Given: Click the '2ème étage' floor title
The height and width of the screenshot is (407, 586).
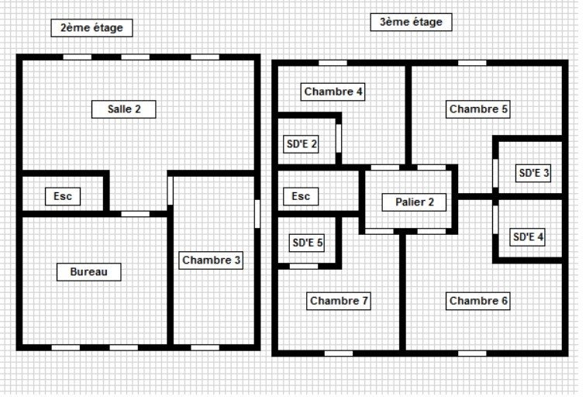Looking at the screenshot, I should (x=91, y=28).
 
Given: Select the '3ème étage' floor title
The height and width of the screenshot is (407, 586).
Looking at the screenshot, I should (x=411, y=22).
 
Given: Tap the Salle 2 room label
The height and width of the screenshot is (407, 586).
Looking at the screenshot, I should (x=124, y=109).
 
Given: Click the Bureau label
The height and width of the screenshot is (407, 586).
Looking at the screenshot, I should (x=89, y=271).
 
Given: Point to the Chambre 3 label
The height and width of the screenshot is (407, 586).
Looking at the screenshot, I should (x=212, y=260).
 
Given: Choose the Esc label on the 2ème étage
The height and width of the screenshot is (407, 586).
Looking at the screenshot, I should (x=63, y=197).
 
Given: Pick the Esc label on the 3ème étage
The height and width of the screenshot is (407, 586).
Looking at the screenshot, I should (x=300, y=197).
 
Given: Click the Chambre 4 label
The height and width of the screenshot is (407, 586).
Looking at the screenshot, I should (x=333, y=91).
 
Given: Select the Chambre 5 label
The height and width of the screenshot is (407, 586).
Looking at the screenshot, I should (x=478, y=109).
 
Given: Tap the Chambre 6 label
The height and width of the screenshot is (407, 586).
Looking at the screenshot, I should (x=478, y=301).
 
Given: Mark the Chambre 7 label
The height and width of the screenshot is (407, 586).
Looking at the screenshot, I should (x=339, y=301).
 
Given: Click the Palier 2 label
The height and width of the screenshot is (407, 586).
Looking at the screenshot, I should (x=415, y=202).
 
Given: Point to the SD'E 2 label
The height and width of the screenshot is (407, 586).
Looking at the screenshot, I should (x=302, y=143).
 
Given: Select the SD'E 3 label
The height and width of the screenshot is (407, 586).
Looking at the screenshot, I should (x=533, y=173).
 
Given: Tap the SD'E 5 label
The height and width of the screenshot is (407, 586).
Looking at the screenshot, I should (x=308, y=243).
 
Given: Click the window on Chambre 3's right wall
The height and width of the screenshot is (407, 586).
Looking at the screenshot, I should (x=257, y=213).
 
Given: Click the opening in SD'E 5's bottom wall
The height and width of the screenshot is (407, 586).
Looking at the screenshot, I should (x=303, y=266).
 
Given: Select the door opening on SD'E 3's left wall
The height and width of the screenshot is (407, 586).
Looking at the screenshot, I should (x=495, y=172).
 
